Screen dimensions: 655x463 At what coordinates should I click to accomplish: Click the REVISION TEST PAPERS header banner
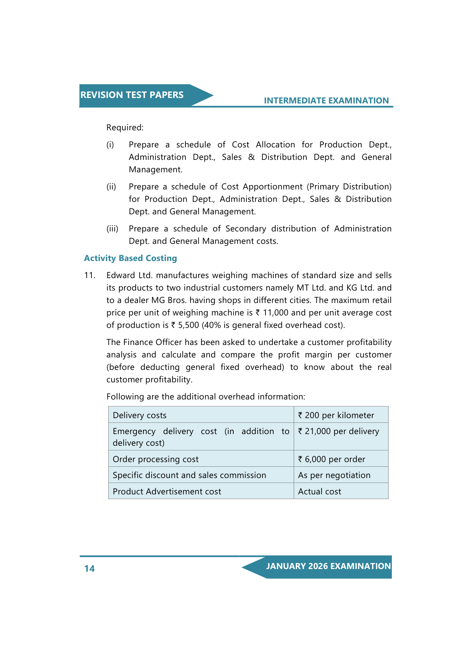click(x=132, y=95)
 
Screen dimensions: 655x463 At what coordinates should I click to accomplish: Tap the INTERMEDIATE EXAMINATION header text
click(x=326, y=101)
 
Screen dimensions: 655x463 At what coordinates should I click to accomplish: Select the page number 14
click(x=89, y=569)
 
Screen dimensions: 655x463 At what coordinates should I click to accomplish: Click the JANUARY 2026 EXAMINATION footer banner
click(x=328, y=566)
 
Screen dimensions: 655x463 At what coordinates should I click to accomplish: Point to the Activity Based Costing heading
click(x=130, y=258)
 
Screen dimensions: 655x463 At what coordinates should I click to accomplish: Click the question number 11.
click(x=89, y=275)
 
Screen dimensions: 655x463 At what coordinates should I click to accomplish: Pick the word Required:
click(x=125, y=128)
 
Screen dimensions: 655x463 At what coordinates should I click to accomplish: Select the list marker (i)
click(x=110, y=145)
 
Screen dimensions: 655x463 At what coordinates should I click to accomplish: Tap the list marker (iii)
click(x=112, y=229)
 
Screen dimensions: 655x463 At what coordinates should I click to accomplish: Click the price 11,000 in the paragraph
click(x=276, y=313)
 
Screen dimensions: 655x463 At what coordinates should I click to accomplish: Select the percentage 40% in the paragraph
click(x=211, y=325)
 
